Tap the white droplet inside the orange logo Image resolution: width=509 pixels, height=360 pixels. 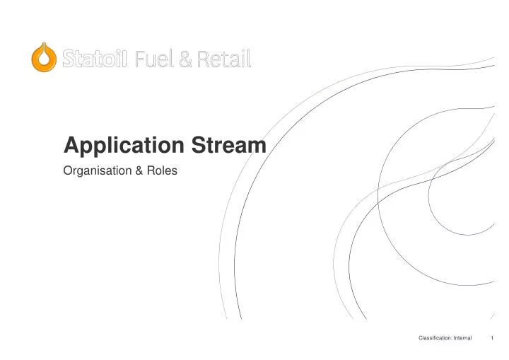[44, 59]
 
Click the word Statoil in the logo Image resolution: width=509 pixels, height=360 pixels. [94, 58]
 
